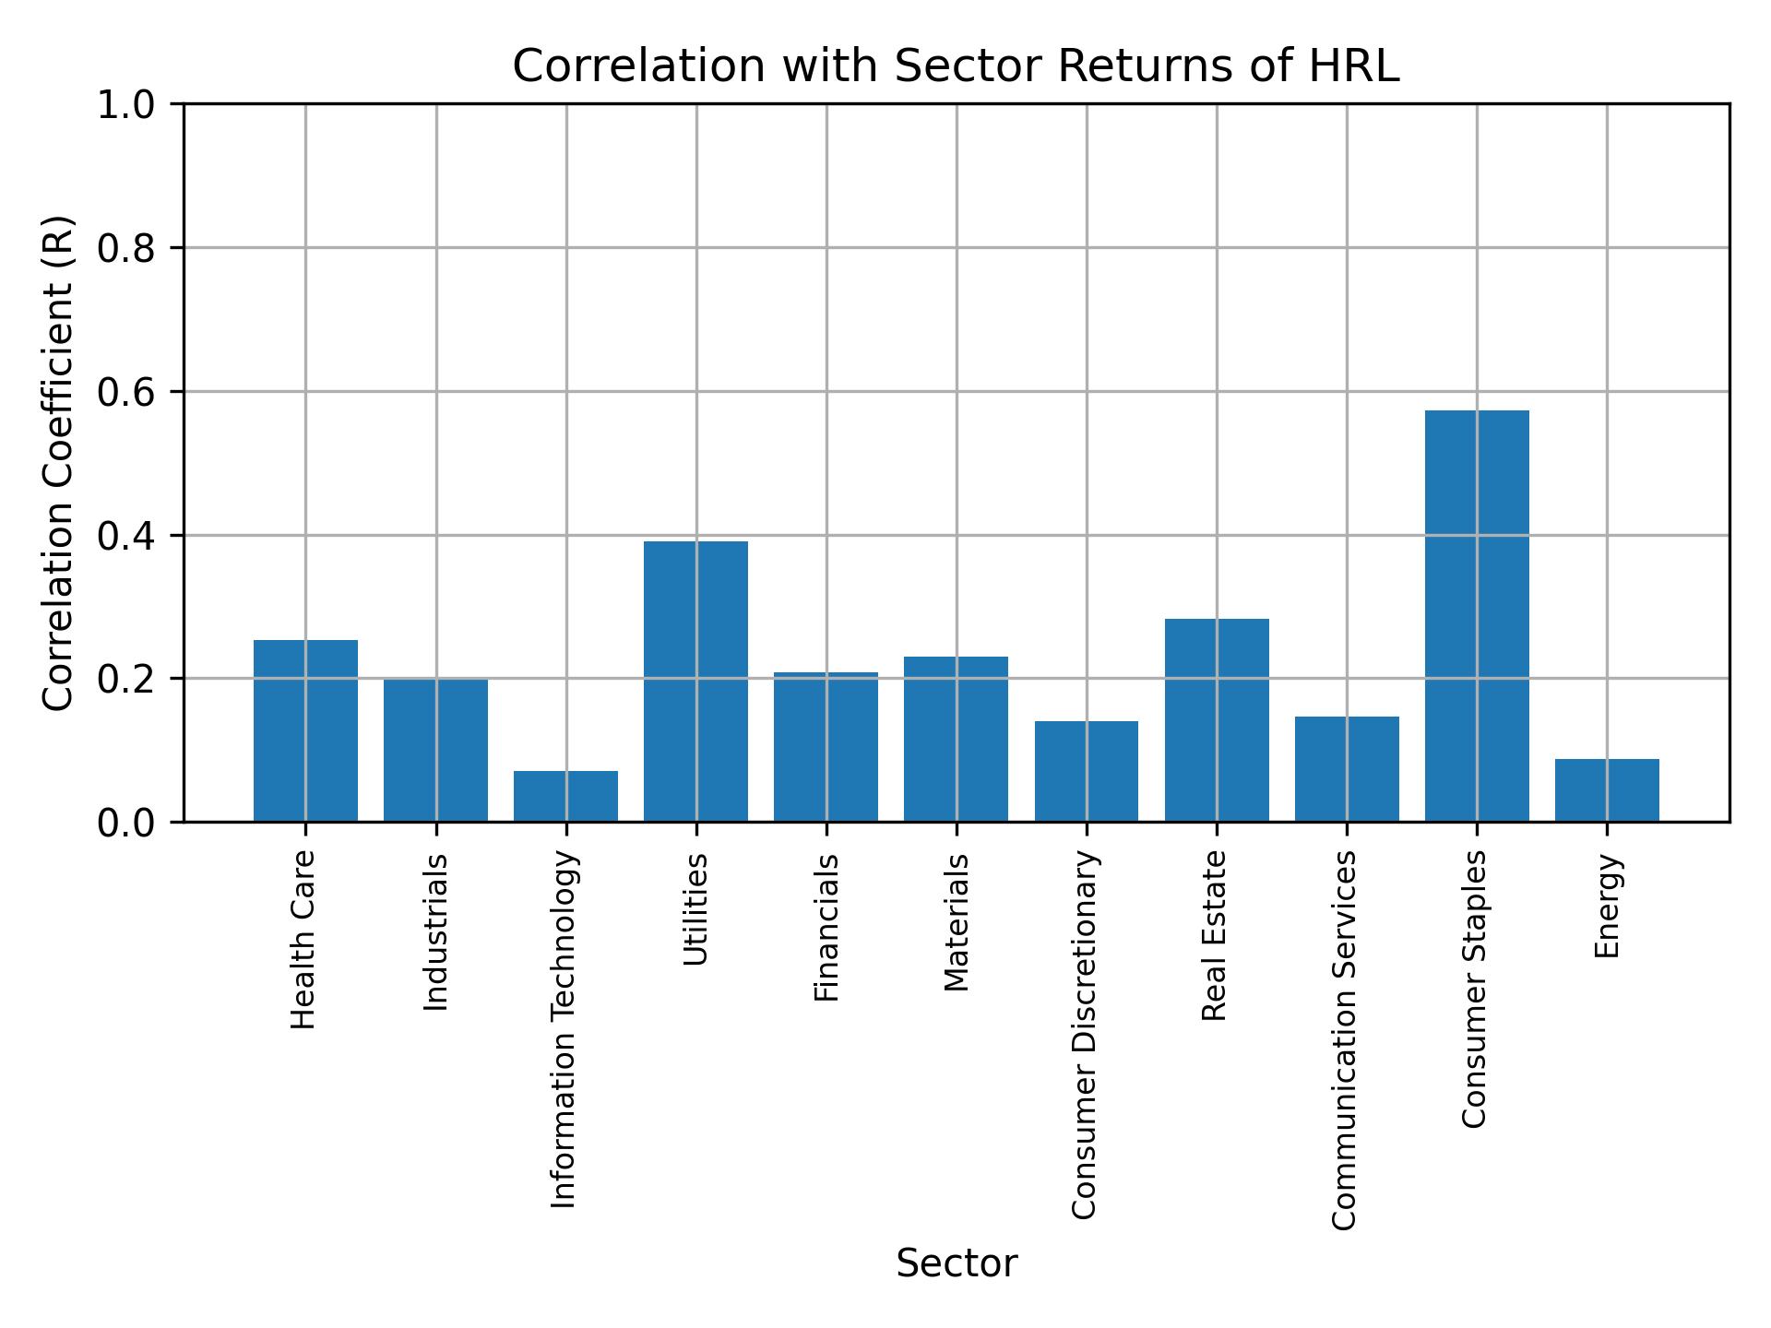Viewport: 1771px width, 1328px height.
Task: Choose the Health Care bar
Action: pos(305,730)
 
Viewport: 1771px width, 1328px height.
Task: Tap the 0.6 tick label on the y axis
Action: pos(128,392)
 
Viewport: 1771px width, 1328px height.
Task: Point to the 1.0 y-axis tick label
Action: pos(128,105)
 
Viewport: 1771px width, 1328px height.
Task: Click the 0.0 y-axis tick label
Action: pos(128,822)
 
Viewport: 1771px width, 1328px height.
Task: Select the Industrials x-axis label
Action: pos(435,931)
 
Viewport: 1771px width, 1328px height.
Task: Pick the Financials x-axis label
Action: pos(826,927)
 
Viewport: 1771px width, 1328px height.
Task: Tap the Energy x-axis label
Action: pos(1607,906)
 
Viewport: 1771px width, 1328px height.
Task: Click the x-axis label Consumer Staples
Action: pos(1475,989)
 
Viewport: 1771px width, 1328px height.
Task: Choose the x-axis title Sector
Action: pos(957,1263)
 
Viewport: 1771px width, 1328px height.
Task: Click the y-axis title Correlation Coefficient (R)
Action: pos(58,463)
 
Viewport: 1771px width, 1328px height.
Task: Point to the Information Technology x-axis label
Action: pos(565,1029)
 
